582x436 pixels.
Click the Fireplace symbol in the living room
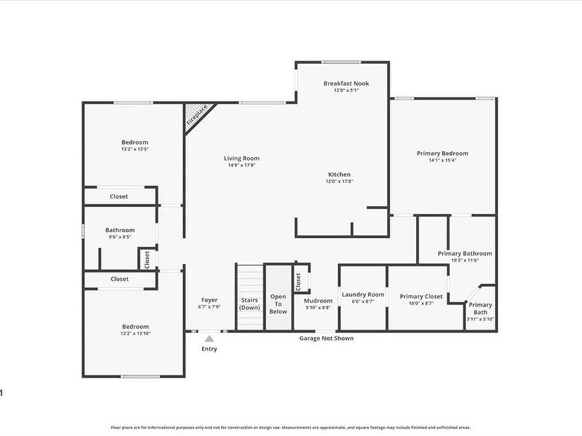coord(195,116)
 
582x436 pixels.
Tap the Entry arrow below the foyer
coord(209,338)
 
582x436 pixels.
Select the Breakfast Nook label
coord(346,83)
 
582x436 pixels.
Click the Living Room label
coord(242,158)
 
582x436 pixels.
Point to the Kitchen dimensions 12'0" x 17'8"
coord(339,182)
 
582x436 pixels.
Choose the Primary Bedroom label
coord(442,153)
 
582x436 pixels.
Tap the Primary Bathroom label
coord(464,253)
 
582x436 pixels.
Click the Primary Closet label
coord(421,296)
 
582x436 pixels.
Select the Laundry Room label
coord(363,295)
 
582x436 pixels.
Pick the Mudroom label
coord(318,300)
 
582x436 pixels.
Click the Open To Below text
coord(278,304)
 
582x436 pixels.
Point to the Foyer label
coord(209,300)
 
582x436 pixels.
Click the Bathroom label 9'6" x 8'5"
coord(120,230)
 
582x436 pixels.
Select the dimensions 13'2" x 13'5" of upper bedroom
coord(135,149)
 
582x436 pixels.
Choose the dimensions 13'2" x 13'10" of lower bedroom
coord(135,333)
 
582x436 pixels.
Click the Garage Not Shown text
coord(326,338)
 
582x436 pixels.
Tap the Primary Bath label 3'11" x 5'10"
coord(480,305)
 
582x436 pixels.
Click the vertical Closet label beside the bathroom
coord(147,259)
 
